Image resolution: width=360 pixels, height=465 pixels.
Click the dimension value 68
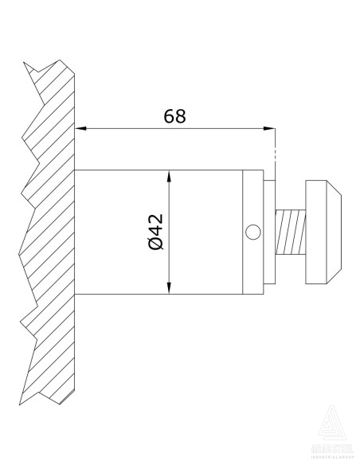(x=174, y=115)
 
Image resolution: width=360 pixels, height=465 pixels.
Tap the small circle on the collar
(x=253, y=232)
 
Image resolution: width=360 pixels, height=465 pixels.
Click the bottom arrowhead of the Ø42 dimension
(x=170, y=289)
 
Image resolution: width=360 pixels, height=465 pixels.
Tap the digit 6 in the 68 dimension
(x=169, y=115)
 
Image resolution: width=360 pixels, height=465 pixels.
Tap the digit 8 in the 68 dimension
(x=181, y=115)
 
